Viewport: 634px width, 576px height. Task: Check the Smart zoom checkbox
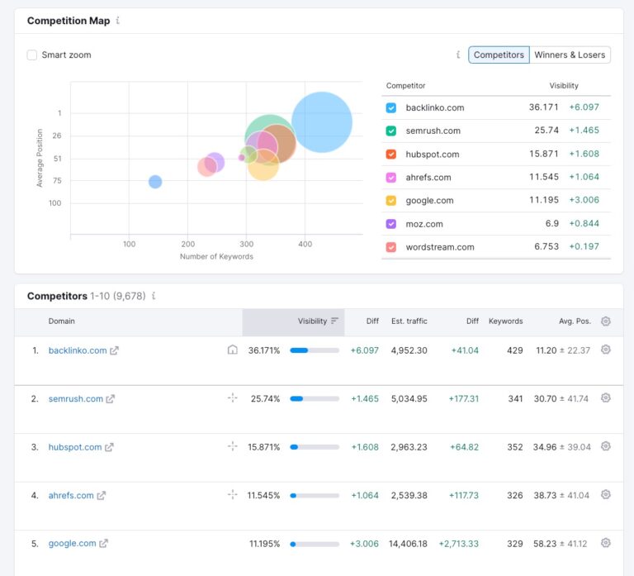click(32, 55)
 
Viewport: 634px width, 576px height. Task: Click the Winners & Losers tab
click(570, 55)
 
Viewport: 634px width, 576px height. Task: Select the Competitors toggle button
click(499, 55)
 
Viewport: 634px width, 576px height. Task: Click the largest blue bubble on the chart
click(322, 121)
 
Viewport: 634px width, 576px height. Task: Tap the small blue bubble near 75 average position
click(155, 182)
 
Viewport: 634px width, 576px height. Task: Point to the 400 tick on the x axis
click(305, 244)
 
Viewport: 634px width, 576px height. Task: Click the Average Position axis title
click(40, 158)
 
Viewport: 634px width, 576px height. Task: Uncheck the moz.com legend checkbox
click(391, 224)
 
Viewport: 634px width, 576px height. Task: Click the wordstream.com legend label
click(439, 247)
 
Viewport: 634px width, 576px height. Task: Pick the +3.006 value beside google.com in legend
click(584, 201)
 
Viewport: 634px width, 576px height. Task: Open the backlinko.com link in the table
click(78, 350)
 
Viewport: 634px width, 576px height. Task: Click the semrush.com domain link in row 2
click(76, 399)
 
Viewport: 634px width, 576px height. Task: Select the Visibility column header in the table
click(312, 321)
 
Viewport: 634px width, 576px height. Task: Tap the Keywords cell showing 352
click(514, 447)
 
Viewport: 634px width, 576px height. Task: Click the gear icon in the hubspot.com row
click(605, 446)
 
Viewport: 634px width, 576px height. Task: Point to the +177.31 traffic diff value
click(464, 399)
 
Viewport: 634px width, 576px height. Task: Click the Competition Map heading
click(69, 21)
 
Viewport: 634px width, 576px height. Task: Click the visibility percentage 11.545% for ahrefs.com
click(263, 496)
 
